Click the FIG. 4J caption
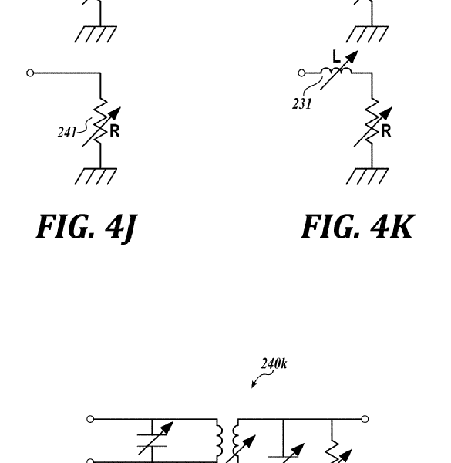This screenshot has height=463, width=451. coord(86,228)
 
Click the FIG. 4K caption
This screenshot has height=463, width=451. coord(358,226)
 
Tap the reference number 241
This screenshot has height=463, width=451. coord(66,132)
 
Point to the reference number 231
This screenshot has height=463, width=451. coord(301,103)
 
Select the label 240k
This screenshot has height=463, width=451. coord(274,363)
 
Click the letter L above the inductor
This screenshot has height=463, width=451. coord(336,56)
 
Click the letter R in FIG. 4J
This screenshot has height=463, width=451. coord(115,131)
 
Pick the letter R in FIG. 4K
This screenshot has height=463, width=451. coord(386,131)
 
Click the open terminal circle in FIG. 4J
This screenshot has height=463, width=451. coord(30,73)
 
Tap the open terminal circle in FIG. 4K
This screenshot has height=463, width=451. coord(301,73)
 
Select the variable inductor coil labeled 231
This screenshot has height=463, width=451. coord(336,71)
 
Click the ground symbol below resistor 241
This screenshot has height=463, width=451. coord(96,176)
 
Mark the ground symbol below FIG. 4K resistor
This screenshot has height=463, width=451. coord(367,176)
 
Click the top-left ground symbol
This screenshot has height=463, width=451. coord(96,34)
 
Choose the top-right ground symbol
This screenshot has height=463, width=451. coord(367,34)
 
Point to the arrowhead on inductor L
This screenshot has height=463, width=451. coord(354,56)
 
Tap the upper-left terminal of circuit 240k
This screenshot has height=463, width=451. coord(90,419)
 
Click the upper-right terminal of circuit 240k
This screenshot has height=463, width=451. coord(365,419)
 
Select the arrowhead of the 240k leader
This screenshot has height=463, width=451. coord(253,385)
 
